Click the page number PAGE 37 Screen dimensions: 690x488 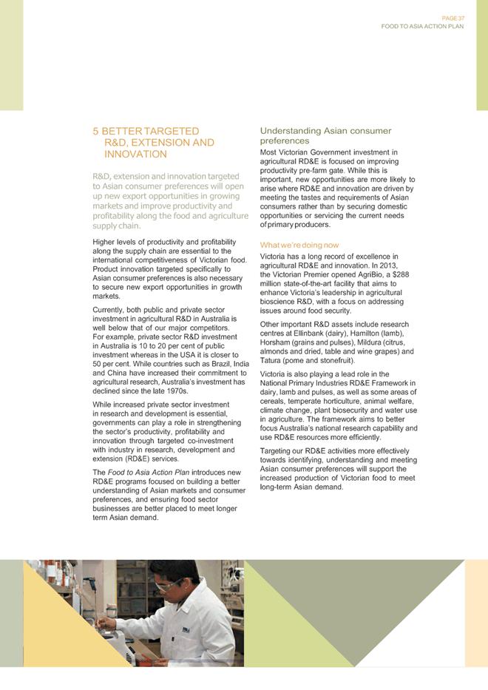click(x=452, y=18)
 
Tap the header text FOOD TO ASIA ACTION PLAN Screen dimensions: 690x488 click(x=422, y=26)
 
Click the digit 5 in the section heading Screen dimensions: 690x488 click(x=95, y=131)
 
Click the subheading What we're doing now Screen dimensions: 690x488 click(x=299, y=245)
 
